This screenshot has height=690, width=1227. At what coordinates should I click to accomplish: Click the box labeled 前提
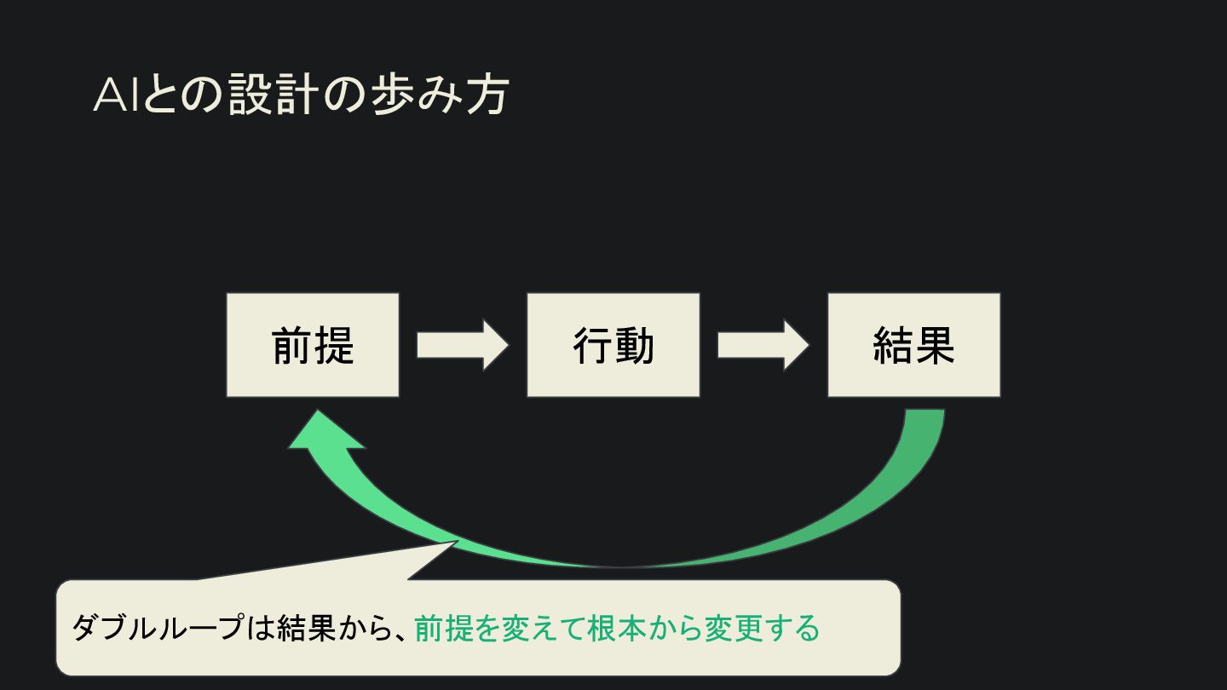pos(313,345)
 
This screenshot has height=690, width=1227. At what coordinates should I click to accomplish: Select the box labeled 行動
pos(613,345)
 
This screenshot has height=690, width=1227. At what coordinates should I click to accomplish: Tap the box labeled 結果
pos(913,345)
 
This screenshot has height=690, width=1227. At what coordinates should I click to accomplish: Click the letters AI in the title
pos(116,96)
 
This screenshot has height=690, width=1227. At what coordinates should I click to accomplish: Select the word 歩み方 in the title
pos(439,96)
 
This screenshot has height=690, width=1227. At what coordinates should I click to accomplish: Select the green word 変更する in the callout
pos(762,629)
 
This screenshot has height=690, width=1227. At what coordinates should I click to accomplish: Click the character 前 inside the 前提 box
pos(292,346)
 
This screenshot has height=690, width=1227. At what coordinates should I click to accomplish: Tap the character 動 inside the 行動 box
pos(635,346)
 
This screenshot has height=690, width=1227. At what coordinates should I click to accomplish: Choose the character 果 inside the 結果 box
pos(935,346)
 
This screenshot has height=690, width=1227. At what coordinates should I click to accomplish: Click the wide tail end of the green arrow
pos(924,416)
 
